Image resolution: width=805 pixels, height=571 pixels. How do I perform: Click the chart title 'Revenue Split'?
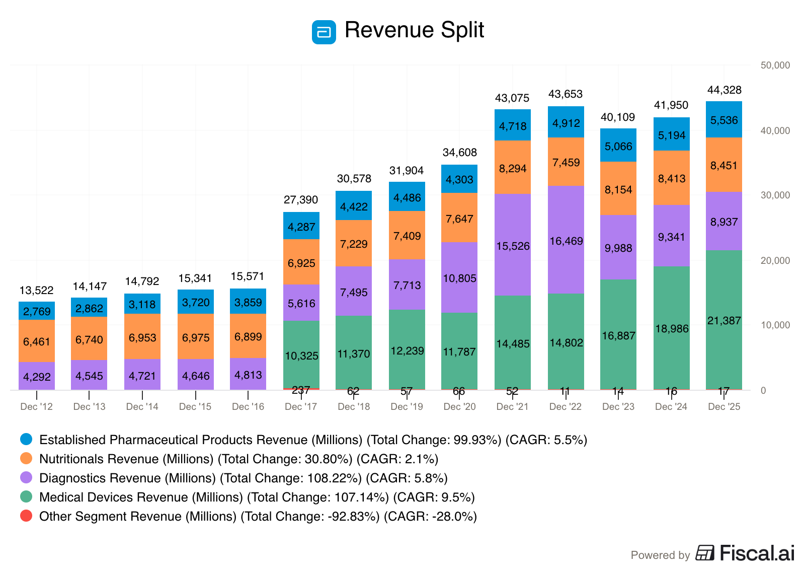[x=414, y=30]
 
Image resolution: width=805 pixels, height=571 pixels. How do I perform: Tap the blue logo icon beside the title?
[x=324, y=32]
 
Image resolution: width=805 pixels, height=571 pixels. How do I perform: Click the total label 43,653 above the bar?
[x=566, y=94]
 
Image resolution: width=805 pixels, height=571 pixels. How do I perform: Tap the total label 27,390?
[x=301, y=200]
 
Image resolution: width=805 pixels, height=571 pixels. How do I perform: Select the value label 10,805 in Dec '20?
[x=459, y=278]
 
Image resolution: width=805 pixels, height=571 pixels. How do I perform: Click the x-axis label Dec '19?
[x=407, y=407]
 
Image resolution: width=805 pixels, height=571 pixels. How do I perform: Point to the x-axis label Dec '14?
[x=142, y=407]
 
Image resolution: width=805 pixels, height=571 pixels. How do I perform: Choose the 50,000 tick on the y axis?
[x=775, y=65]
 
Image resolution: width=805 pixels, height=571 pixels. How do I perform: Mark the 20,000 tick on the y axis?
[x=775, y=261]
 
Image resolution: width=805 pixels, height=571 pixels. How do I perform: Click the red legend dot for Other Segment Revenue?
[x=26, y=516]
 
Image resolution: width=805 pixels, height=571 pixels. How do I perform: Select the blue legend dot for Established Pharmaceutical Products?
[x=26, y=439]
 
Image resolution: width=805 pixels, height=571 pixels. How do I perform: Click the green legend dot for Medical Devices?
[x=26, y=496]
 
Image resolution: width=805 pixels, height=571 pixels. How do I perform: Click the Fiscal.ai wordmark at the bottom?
[x=757, y=553]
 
